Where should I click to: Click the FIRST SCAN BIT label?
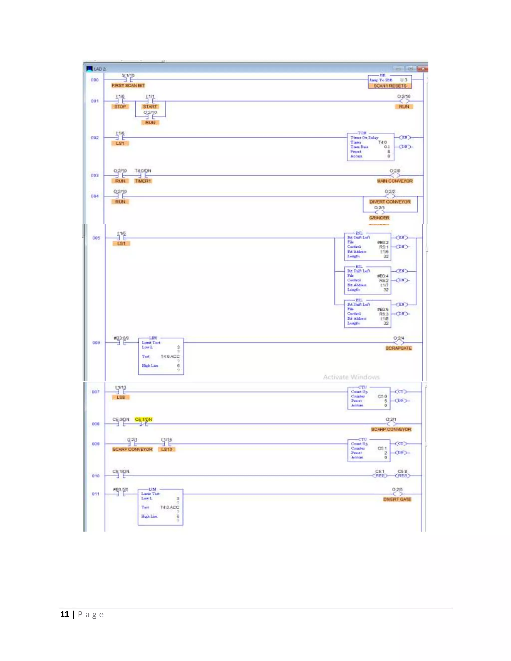[x=128, y=86]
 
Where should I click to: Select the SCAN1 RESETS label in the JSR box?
[x=390, y=86]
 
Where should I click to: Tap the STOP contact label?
[x=120, y=107]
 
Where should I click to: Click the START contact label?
[x=150, y=107]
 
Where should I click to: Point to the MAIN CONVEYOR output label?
[x=395, y=181]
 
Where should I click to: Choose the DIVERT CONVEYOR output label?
[x=390, y=202]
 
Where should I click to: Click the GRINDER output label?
[x=379, y=218]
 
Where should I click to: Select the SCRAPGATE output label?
[x=399, y=348]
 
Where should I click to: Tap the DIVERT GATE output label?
[x=397, y=499]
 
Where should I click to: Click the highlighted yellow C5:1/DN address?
[x=143, y=419]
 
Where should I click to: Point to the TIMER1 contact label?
[x=143, y=181]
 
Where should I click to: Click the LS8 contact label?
[x=121, y=397]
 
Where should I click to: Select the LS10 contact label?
[x=166, y=449]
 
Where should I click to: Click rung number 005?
[x=96, y=238]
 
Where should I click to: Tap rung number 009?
[x=95, y=444]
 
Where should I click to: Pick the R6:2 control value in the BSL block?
[x=383, y=281]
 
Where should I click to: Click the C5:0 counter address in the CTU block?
[x=382, y=396]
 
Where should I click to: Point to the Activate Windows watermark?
[x=351, y=377]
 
